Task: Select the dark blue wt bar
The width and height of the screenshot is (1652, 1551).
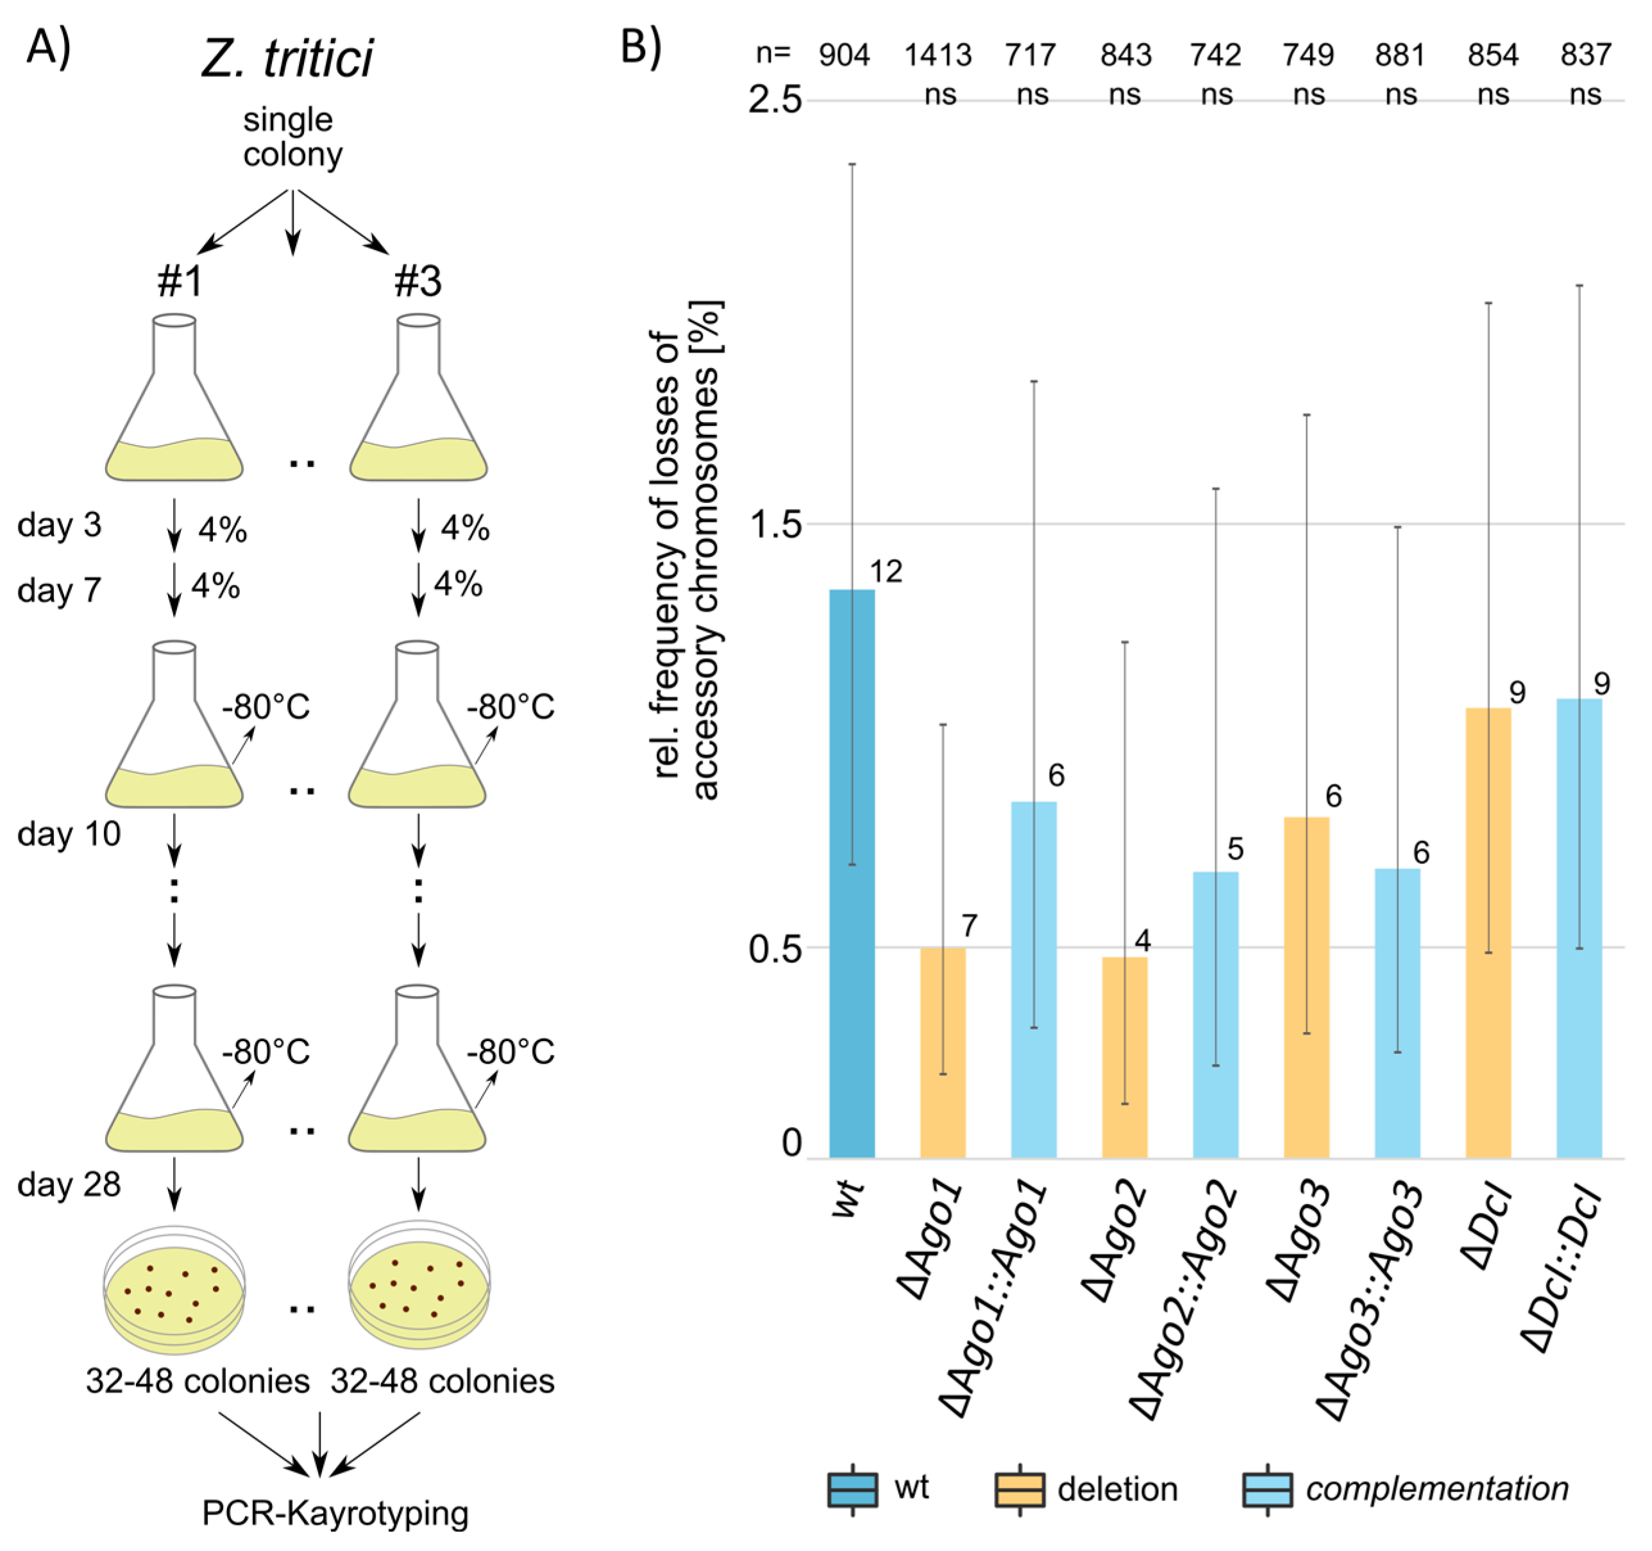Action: coord(852,873)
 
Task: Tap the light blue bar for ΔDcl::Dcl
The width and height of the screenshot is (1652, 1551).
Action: coord(1579,927)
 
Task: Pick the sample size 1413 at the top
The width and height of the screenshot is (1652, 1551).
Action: coord(938,56)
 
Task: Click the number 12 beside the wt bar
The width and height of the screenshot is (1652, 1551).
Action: coord(886,572)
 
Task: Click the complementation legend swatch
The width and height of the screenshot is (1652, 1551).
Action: coord(1267,1489)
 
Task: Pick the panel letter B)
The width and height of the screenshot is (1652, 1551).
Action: coord(641,47)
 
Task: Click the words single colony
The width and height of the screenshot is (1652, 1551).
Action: coord(291,137)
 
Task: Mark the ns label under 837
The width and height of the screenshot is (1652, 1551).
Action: coord(1585,95)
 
